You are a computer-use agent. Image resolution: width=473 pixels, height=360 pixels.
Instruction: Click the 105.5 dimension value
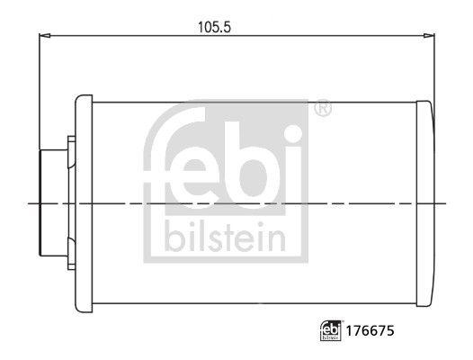214,27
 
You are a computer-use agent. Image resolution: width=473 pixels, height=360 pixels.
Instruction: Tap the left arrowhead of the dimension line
45,36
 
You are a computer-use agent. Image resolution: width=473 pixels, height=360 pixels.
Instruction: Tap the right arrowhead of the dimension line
429,36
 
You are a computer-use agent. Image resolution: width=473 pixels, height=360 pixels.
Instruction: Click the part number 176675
370,331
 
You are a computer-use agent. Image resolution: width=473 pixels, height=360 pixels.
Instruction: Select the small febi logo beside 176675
331,330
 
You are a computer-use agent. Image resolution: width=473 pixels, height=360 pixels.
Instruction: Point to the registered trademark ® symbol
323,108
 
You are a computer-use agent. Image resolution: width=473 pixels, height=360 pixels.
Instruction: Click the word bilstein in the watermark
225,238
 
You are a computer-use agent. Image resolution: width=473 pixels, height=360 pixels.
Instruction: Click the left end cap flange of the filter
84,203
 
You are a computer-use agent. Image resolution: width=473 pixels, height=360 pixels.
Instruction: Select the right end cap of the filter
425,203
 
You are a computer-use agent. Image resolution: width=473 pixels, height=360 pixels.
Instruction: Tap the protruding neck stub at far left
54,203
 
